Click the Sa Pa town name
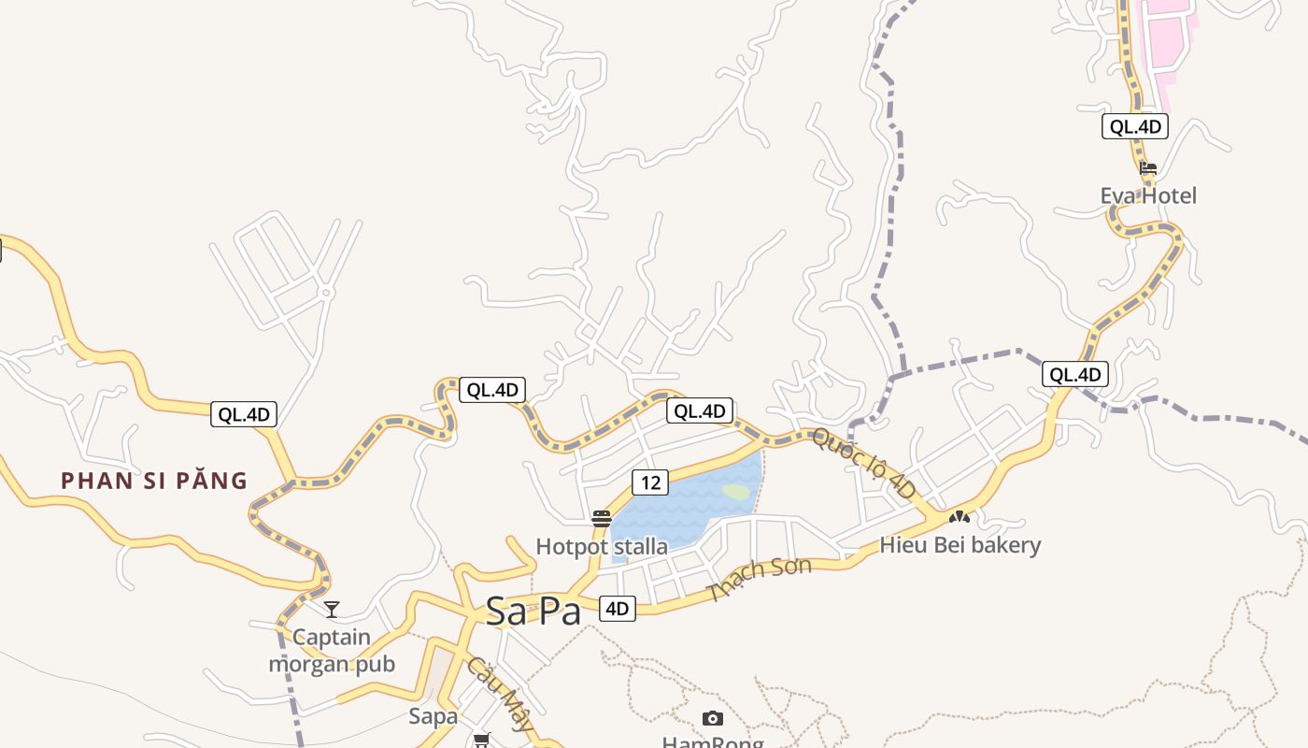click(x=533, y=611)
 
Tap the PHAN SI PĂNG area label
click(x=154, y=481)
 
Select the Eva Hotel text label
click(x=1148, y=195)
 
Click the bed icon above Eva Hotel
click(x=1148, y=168)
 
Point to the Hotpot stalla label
click(x=602, y=546)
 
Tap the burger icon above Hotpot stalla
click(x=602, y=519)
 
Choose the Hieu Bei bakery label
click(x=960, y=544)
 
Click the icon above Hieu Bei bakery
click(x=960, y=516)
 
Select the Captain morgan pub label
click(x=332, y=651)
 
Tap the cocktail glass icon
click(x=332, y=610)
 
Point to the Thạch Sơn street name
click(x=760, y=579)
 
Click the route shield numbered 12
click(x=650, y=482)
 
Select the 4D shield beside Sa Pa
click(x=617, y=609)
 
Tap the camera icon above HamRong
click(x=713, y=718)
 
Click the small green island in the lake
click(x=736, y=492)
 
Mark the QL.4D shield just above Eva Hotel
click(x=1135, y=127)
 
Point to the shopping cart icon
click(x=482, y=740)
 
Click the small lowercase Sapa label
click(x=434, y=716)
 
